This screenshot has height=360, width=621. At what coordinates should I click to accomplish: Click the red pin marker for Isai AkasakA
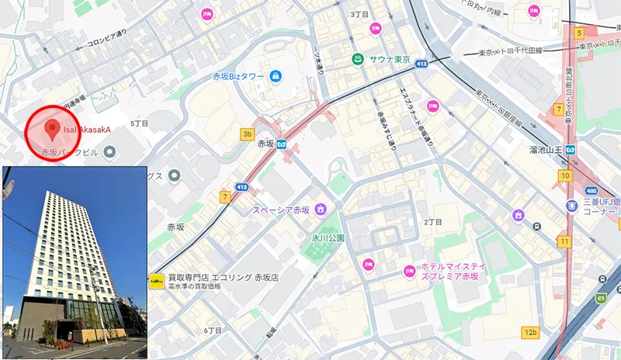coord(52,127)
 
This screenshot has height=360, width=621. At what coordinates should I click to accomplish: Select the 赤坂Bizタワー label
coord(238,76)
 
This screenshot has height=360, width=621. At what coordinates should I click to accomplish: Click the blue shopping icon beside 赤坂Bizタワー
coord(276,76)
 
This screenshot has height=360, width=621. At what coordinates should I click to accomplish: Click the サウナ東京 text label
coord(390,60)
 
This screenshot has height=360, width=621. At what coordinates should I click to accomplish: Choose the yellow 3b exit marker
coord(248,134)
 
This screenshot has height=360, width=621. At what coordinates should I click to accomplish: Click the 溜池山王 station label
coord(543,148)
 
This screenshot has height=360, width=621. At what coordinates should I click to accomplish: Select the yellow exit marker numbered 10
coord(565,175)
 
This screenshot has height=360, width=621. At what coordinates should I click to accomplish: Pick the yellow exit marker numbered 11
coord(564,242)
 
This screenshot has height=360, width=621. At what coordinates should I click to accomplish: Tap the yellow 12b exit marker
coord(530,333)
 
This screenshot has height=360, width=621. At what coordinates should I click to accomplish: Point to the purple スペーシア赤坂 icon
coord(319,209)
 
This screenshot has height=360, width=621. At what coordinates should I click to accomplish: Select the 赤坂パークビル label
coord(70,152)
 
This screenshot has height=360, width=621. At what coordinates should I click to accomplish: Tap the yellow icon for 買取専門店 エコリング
coord(157,280)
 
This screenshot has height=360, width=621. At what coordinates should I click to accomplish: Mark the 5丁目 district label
coord(139,123)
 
